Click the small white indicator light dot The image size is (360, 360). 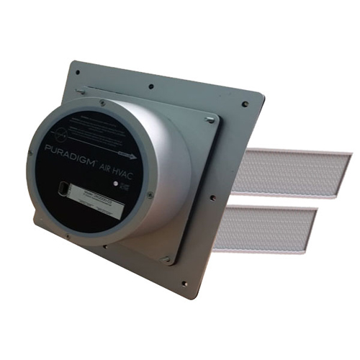pos(114,183)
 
